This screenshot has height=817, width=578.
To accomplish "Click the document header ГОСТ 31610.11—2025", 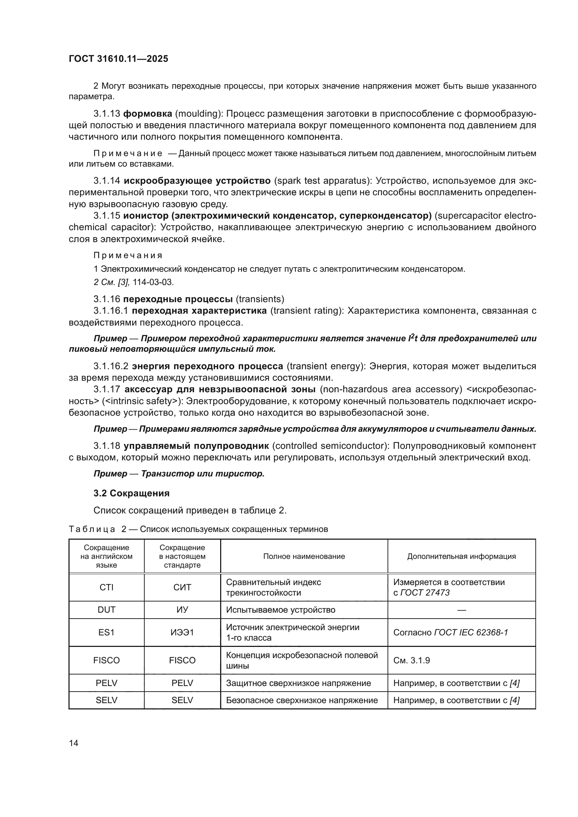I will click(x=118, y=59).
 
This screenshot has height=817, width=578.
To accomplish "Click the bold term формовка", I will click(x=147, y=114).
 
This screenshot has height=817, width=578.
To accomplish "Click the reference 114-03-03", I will click(x=153, y=282).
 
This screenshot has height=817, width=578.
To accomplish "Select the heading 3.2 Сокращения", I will click(x=131, y=493).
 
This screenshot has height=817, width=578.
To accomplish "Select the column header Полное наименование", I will click(x=304, y=556).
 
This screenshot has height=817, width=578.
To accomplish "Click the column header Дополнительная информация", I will click(x=461, y=556).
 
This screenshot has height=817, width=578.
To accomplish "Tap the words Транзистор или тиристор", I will click(x=203, y=474).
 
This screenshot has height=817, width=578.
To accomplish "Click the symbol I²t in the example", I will click(x=413, y=338).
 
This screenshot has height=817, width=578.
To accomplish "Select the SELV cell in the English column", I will click(x=107, y=700).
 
